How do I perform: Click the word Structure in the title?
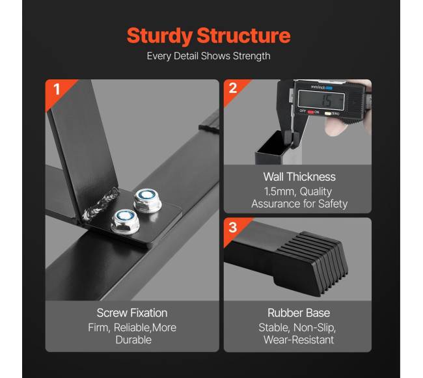coord(243,35)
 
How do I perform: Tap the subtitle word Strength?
coord(251,57)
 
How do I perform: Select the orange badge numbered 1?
coord(57,90)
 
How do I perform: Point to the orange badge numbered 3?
coord(234,228)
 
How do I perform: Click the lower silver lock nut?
coord(125,222)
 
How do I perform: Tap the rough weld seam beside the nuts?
coord(101,204)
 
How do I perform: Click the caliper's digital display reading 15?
coord(321,100)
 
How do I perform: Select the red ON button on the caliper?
coord(310,112)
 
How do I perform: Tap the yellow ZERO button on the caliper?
coord(327,113)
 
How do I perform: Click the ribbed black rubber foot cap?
coord(310,263)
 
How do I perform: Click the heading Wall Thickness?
coord(299,177)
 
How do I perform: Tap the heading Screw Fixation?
coord(132,313)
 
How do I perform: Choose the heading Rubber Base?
coord(299,313)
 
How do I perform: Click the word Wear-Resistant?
coord(299,340)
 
